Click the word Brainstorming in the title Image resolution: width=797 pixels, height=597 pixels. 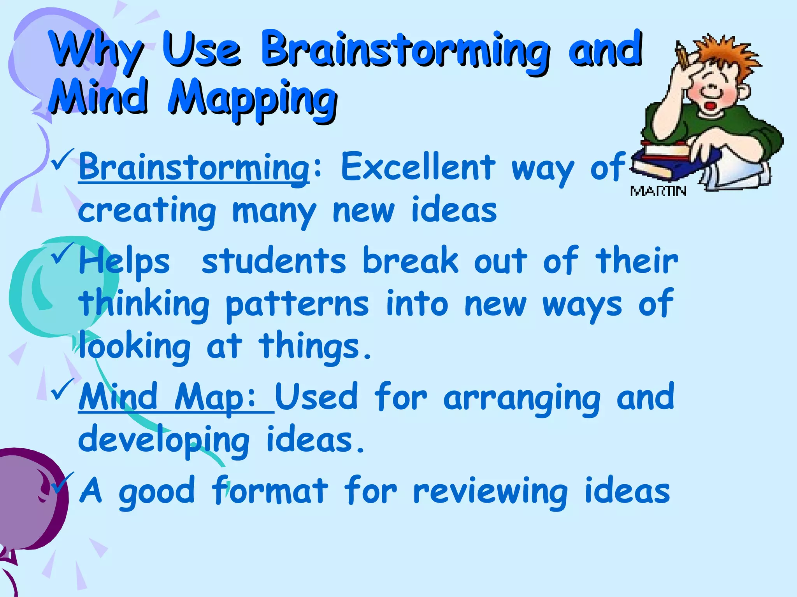[x=405, y=51]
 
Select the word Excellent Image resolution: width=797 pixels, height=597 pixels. [x=418, y=167]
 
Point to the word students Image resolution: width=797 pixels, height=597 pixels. [x=274, y=261]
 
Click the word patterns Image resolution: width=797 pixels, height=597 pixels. [x=297, y=305]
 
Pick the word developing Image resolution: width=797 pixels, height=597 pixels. [x=163, y=441]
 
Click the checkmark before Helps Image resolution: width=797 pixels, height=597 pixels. [x=62, y=253]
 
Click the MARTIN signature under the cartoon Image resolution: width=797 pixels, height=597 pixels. [x=658, y=191]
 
